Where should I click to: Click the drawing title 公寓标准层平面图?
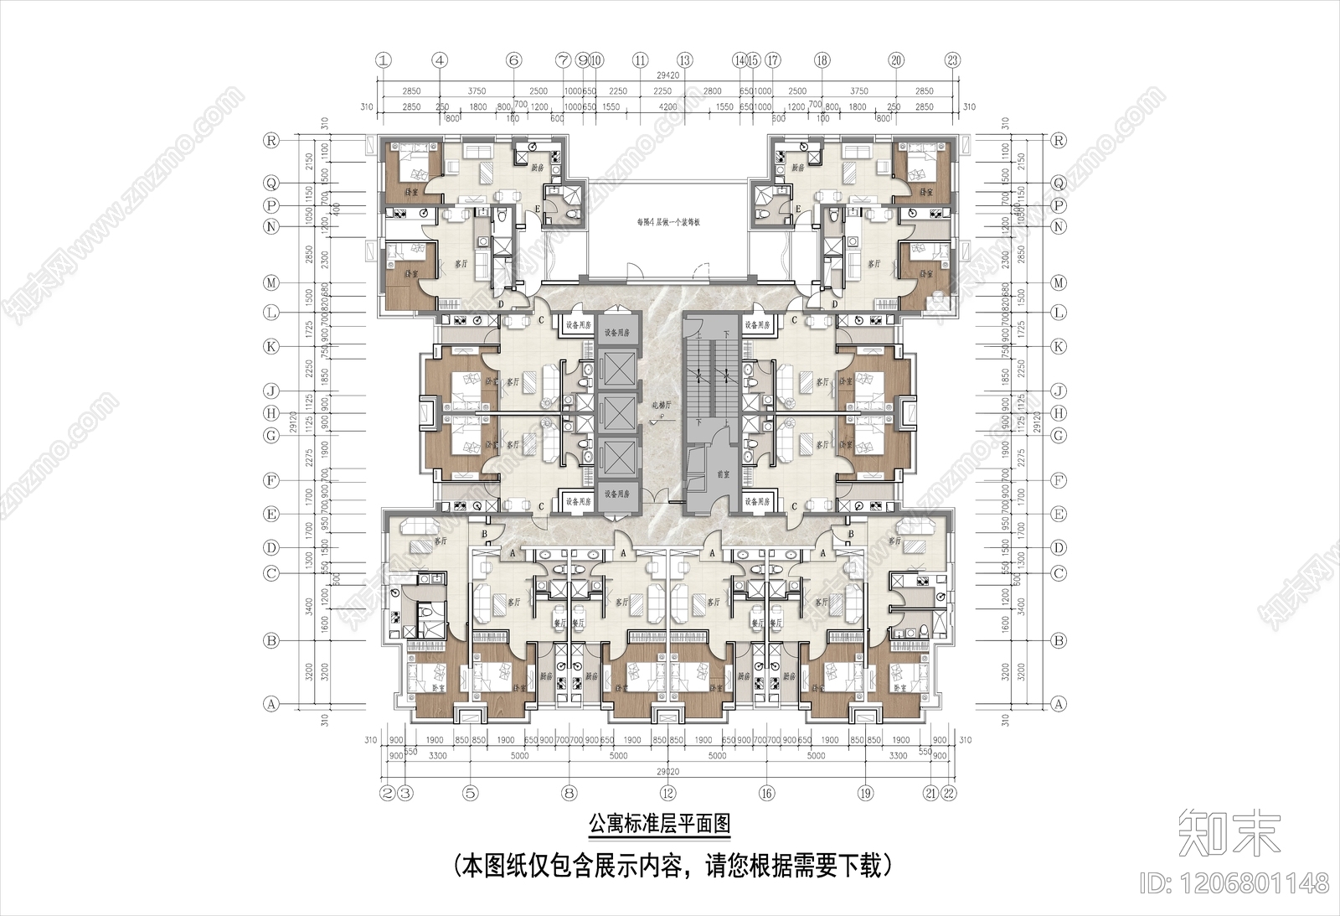659,824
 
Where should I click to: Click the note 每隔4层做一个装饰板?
667,224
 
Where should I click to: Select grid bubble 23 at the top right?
952,60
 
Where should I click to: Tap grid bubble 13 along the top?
685,60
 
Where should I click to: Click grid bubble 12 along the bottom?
667,793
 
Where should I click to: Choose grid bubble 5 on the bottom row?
470,793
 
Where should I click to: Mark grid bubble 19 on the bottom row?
865,793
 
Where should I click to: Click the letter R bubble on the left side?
271,141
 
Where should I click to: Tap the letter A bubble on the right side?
1059,705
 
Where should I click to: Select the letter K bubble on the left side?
271,346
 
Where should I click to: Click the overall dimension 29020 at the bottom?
667,770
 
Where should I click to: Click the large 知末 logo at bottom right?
1229,831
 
